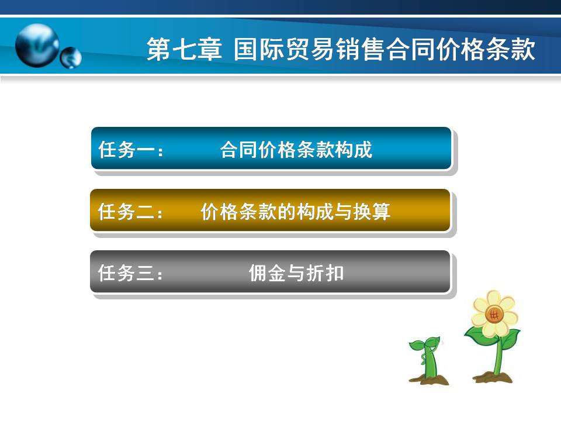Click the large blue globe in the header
pyautogui.click(x=37, y=46)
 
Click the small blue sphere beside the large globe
pyautogui.click(x=71, y=58)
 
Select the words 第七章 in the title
pyautogui.click(x=184, y=49)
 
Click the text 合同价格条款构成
pyautogui.click(x=296, y=149)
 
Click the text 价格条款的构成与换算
pyautogui.click(x=296, y=211)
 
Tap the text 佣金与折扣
pyautogui.click(x=296, y=273)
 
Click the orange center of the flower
pyautogui.click(x=494, y=315)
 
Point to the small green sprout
pyautogui.click(x=427, y=357)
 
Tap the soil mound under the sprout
pyautogui.click(x=430, y=379)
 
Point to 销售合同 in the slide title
pyautogui.click(x=386, y=49)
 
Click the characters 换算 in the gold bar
pyautogui.click(x=372, y=211)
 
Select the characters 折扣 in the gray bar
pyautogui.click(x=325, y=273)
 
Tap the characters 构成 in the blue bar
pyautogui.click(x=354, y=149)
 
